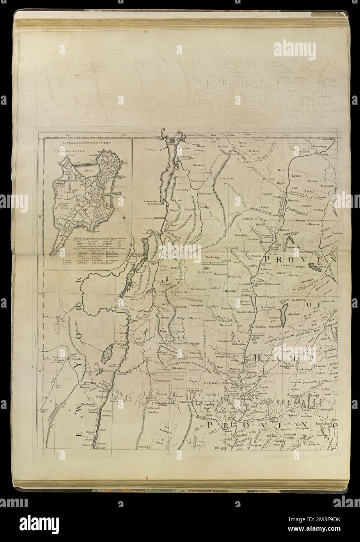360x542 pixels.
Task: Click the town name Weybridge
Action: (x=181, y=190)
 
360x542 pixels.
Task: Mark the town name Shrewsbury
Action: (x=198, y=289)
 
